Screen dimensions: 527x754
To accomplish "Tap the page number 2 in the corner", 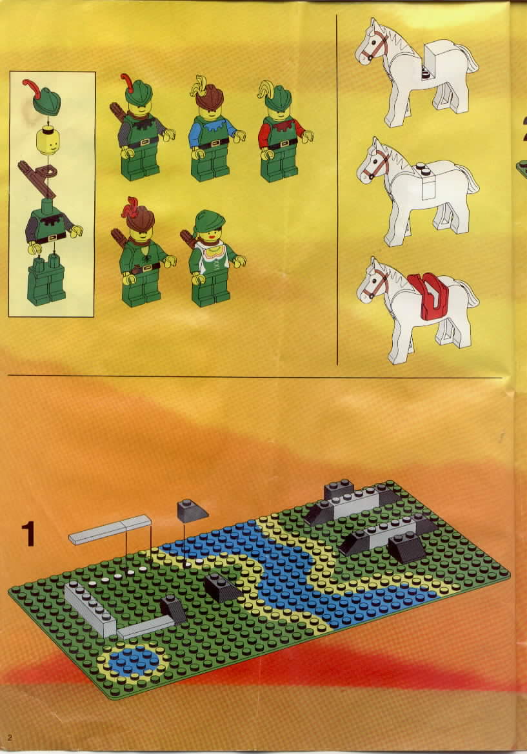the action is [9, 738].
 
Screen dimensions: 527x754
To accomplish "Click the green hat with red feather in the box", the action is [43, 96].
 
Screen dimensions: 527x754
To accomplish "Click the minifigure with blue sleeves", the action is [213, 129].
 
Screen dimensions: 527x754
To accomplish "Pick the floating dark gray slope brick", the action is [192, 510].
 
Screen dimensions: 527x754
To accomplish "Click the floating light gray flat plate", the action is [110, 530].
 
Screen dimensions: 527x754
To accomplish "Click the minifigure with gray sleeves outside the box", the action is [141, 128].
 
